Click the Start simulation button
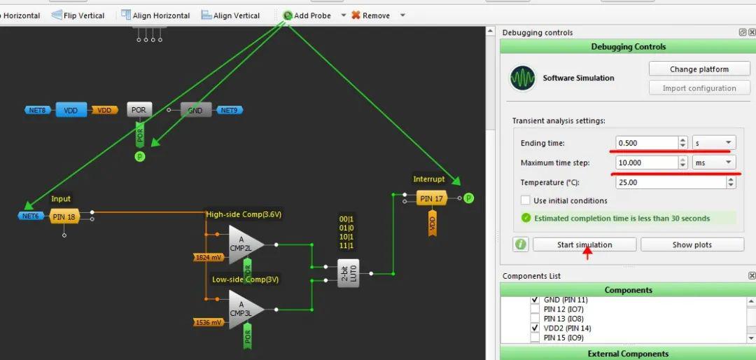tap(584, 244)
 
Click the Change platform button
tap(699, 69)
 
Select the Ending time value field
tap(647, 143)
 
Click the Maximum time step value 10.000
tap(647, 162)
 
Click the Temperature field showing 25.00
tap(671, 182)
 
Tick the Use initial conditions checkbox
tap(526, 200)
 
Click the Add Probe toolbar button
tap(307, 15)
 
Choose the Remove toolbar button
tap(370, 15)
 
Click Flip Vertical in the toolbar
tap(78, 15)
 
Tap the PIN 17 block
tap(432, 198)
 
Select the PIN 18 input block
tap(64, 216)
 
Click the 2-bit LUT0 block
tap(348, 273)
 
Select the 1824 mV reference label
tap(209, 258)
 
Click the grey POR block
tap(139, 110)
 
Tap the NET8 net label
tap(38, 110)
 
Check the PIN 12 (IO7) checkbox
tap(535, 310)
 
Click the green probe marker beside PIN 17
tap(468, 198)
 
